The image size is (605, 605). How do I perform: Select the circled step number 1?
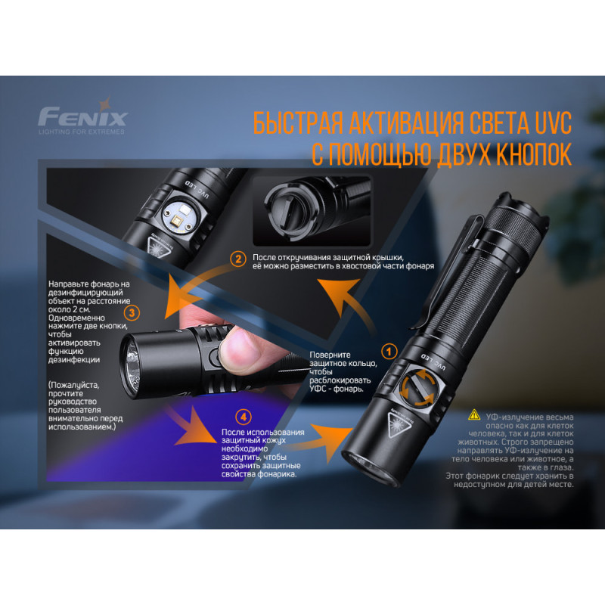(390, 351)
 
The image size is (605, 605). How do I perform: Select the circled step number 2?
(238, 259)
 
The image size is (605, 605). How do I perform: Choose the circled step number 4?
(242, 415)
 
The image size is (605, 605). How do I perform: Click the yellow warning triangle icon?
(474, 414)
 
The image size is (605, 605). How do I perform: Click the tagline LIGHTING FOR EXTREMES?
(82, 132)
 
